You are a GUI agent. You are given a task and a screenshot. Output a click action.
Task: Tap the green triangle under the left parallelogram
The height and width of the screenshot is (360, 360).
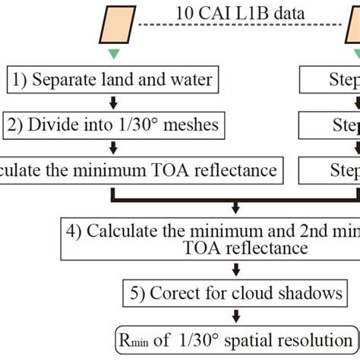[x=114, y=54]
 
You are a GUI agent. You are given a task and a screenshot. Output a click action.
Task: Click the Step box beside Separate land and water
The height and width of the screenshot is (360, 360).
[x=327, y=78]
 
